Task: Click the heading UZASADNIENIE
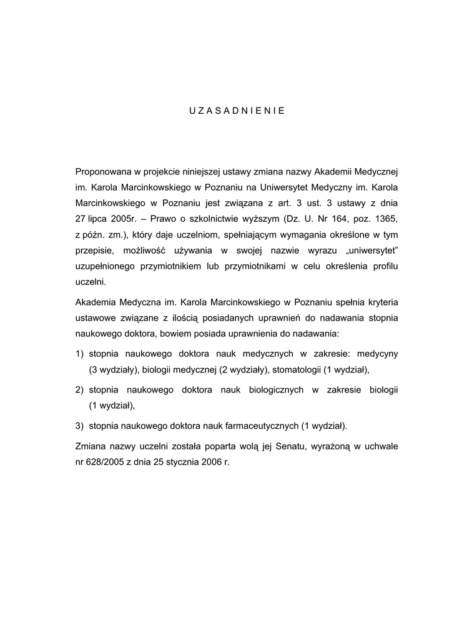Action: (x=237, y=110)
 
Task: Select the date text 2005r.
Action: (x=132, y=219)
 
